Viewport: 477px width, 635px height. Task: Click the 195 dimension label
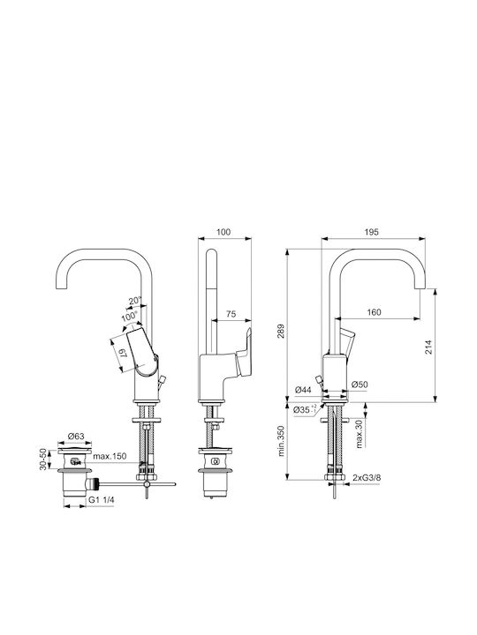tap(371, 232)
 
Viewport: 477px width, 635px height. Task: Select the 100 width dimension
tap(223, 232)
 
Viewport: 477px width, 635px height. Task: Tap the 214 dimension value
tap(428, 347)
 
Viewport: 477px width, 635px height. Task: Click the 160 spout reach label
tap(374, 312)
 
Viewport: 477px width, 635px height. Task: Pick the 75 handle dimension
tap(231, 314)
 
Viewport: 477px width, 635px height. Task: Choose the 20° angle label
tap(135, 301)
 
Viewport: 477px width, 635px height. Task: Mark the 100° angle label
tap(129, 317)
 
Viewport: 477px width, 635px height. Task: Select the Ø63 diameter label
tap(76, 436)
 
